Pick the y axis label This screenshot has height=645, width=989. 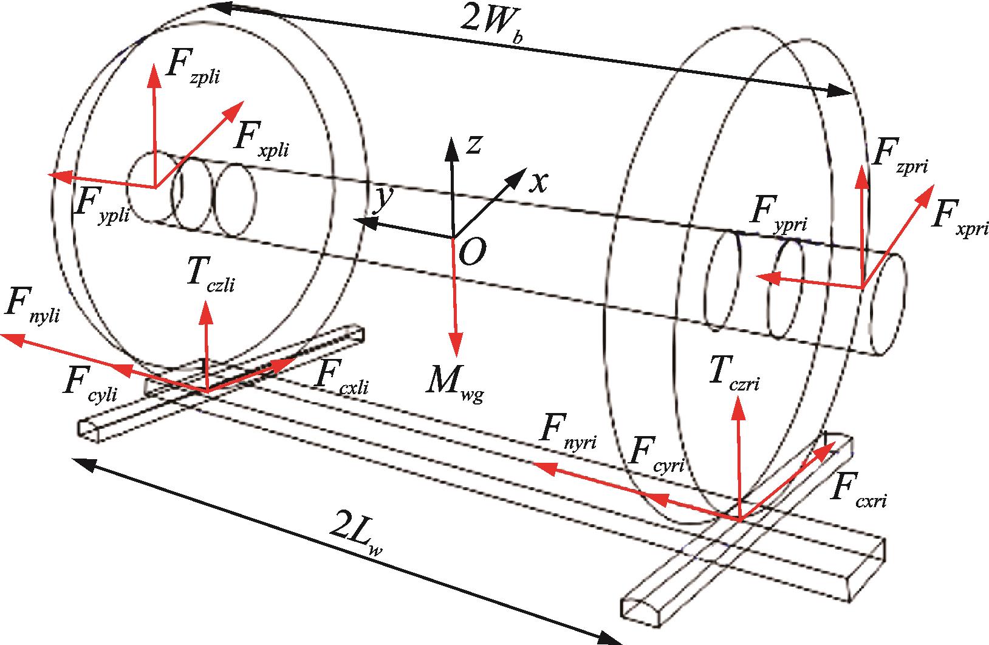(381, 199)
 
